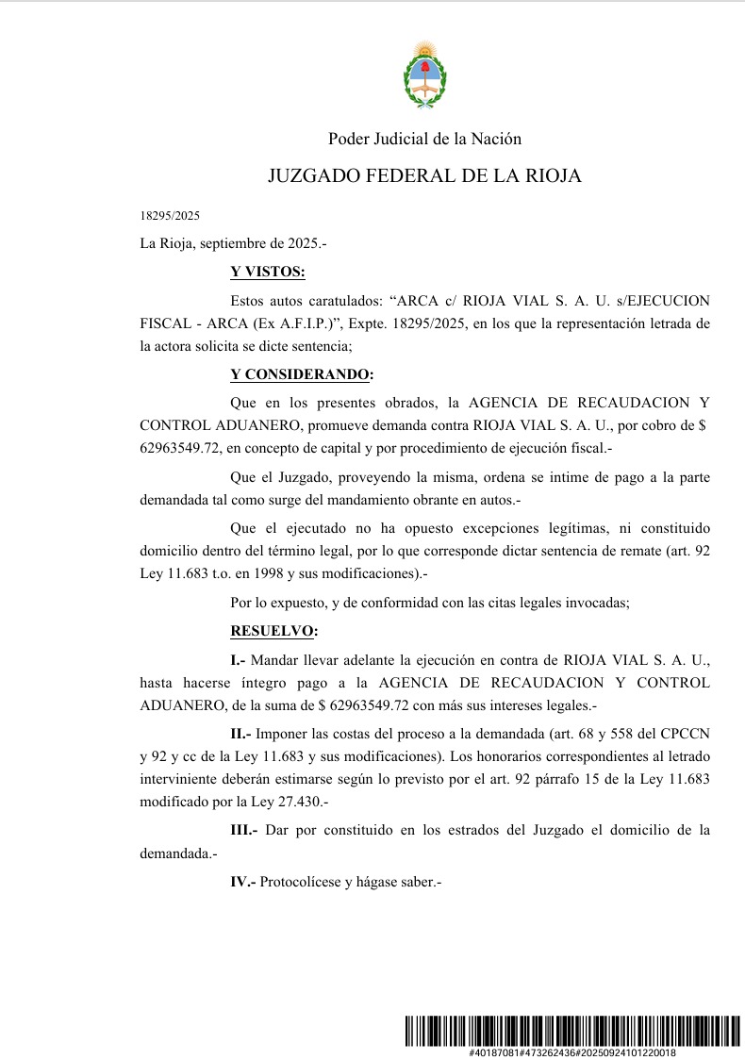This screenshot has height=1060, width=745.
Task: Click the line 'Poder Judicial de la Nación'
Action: coord(424,139)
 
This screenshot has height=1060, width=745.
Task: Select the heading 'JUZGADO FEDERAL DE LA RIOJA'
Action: coord(424,176)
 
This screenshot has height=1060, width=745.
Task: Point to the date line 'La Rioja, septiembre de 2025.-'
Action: coord(233,243)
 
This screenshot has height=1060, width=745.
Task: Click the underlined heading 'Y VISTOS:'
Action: coord(268,273)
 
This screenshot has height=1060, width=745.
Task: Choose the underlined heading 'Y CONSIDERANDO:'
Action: coord(302,374)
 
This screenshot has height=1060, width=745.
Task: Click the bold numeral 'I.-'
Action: coord(238,658)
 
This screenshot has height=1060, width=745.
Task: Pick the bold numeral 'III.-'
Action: coord(244,830)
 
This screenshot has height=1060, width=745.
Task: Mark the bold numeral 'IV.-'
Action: coord(243,883)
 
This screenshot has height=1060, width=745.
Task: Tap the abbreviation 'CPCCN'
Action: coord(684,733)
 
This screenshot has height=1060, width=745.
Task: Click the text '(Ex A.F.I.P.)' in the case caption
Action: coord(286,323)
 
